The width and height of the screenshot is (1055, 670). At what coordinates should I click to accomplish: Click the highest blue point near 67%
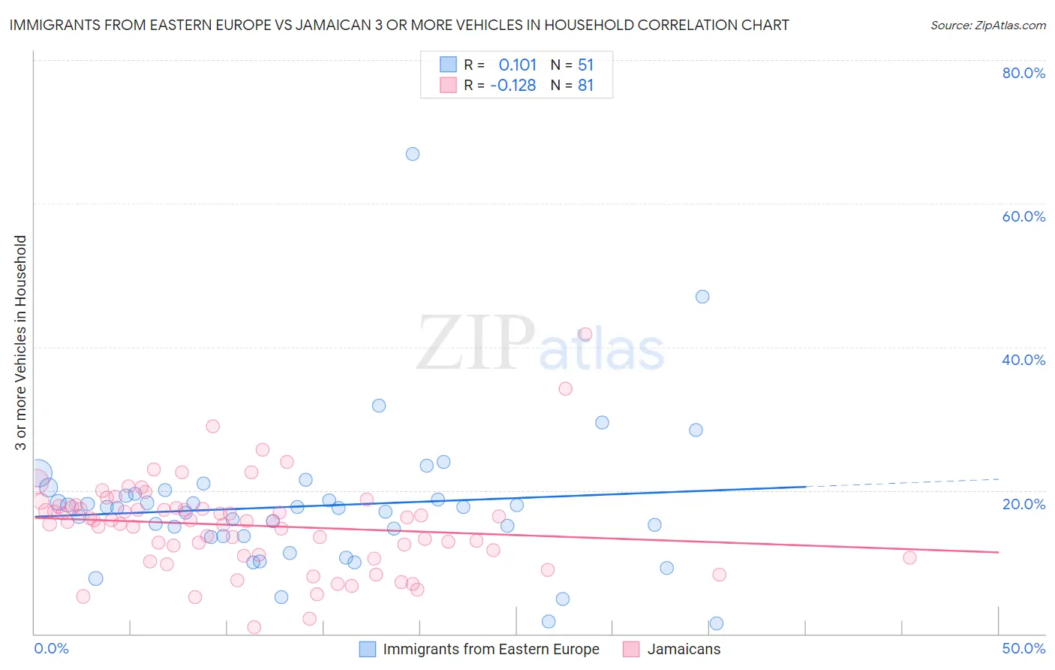pyautogui.click(x=412, y=154)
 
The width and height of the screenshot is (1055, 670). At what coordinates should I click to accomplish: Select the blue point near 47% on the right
pyautogui.click(x=702, y=297)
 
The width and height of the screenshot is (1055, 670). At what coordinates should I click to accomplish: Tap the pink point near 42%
pyautogui.click(x=585, y=334)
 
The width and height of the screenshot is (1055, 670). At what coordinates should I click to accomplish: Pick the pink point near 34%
pyautogui.click(x=566, y=388)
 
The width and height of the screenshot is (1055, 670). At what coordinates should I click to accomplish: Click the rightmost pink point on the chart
pyautogui.click(x=909, y=557)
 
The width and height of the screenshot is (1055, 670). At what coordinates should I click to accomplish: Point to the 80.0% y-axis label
pyautogui.click(x=1023, y=73)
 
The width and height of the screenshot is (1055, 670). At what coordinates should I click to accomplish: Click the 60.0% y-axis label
pyautogui.click(x=1023, y=216)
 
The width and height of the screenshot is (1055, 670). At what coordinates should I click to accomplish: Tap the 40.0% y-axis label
pyautogui.click(x=1023, y=360)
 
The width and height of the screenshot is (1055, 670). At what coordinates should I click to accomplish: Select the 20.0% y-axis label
pyautogui.click(x=1023, y=503)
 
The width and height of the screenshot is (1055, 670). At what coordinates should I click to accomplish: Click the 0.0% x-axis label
pyautogui.click(x=52, y=648)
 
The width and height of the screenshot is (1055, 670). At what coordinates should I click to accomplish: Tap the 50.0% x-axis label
pyautogui.click(x=1023, y=648)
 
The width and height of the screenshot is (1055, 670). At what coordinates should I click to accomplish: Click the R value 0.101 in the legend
pyautogui.click(x=518, y=65)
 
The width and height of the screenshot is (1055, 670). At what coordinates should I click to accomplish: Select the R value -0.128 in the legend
pyautogui.click(x=513, y=86)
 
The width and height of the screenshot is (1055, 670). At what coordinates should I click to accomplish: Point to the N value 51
pyautogui.click(x=585, y=65)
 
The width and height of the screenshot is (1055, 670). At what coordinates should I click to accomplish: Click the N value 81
pyautogui.click(x=585, y=86)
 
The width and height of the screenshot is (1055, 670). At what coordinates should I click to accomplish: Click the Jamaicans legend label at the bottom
pyautogui.click(x=684, y=650)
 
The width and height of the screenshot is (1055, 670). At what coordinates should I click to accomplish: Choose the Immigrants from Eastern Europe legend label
pyautogui.click(x=491, y=650)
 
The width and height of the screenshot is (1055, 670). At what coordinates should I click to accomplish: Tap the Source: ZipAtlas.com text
pyautogui.click(x=987, y=26)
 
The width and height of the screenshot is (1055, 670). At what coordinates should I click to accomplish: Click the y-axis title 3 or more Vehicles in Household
pyautogui.click(x=21, y=343)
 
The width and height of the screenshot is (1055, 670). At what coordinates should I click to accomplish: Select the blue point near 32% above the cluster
pyautogui.click(x=379, y=406)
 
